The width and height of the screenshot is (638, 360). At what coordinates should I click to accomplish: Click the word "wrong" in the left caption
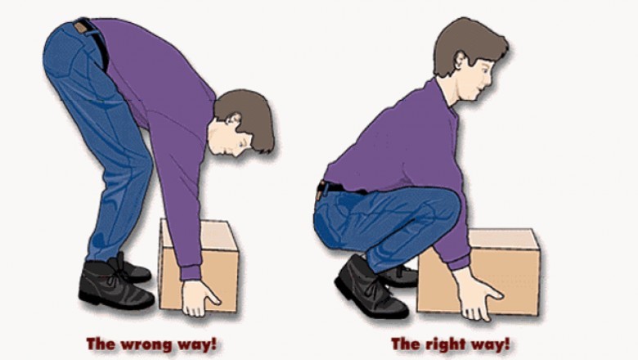pos(146,344)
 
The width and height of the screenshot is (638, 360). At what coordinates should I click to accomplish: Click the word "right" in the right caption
pos(446,344)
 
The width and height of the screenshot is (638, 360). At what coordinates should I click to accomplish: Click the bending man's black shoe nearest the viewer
pos(113,286)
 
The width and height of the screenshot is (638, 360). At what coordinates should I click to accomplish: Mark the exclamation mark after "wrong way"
pos(216,344)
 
